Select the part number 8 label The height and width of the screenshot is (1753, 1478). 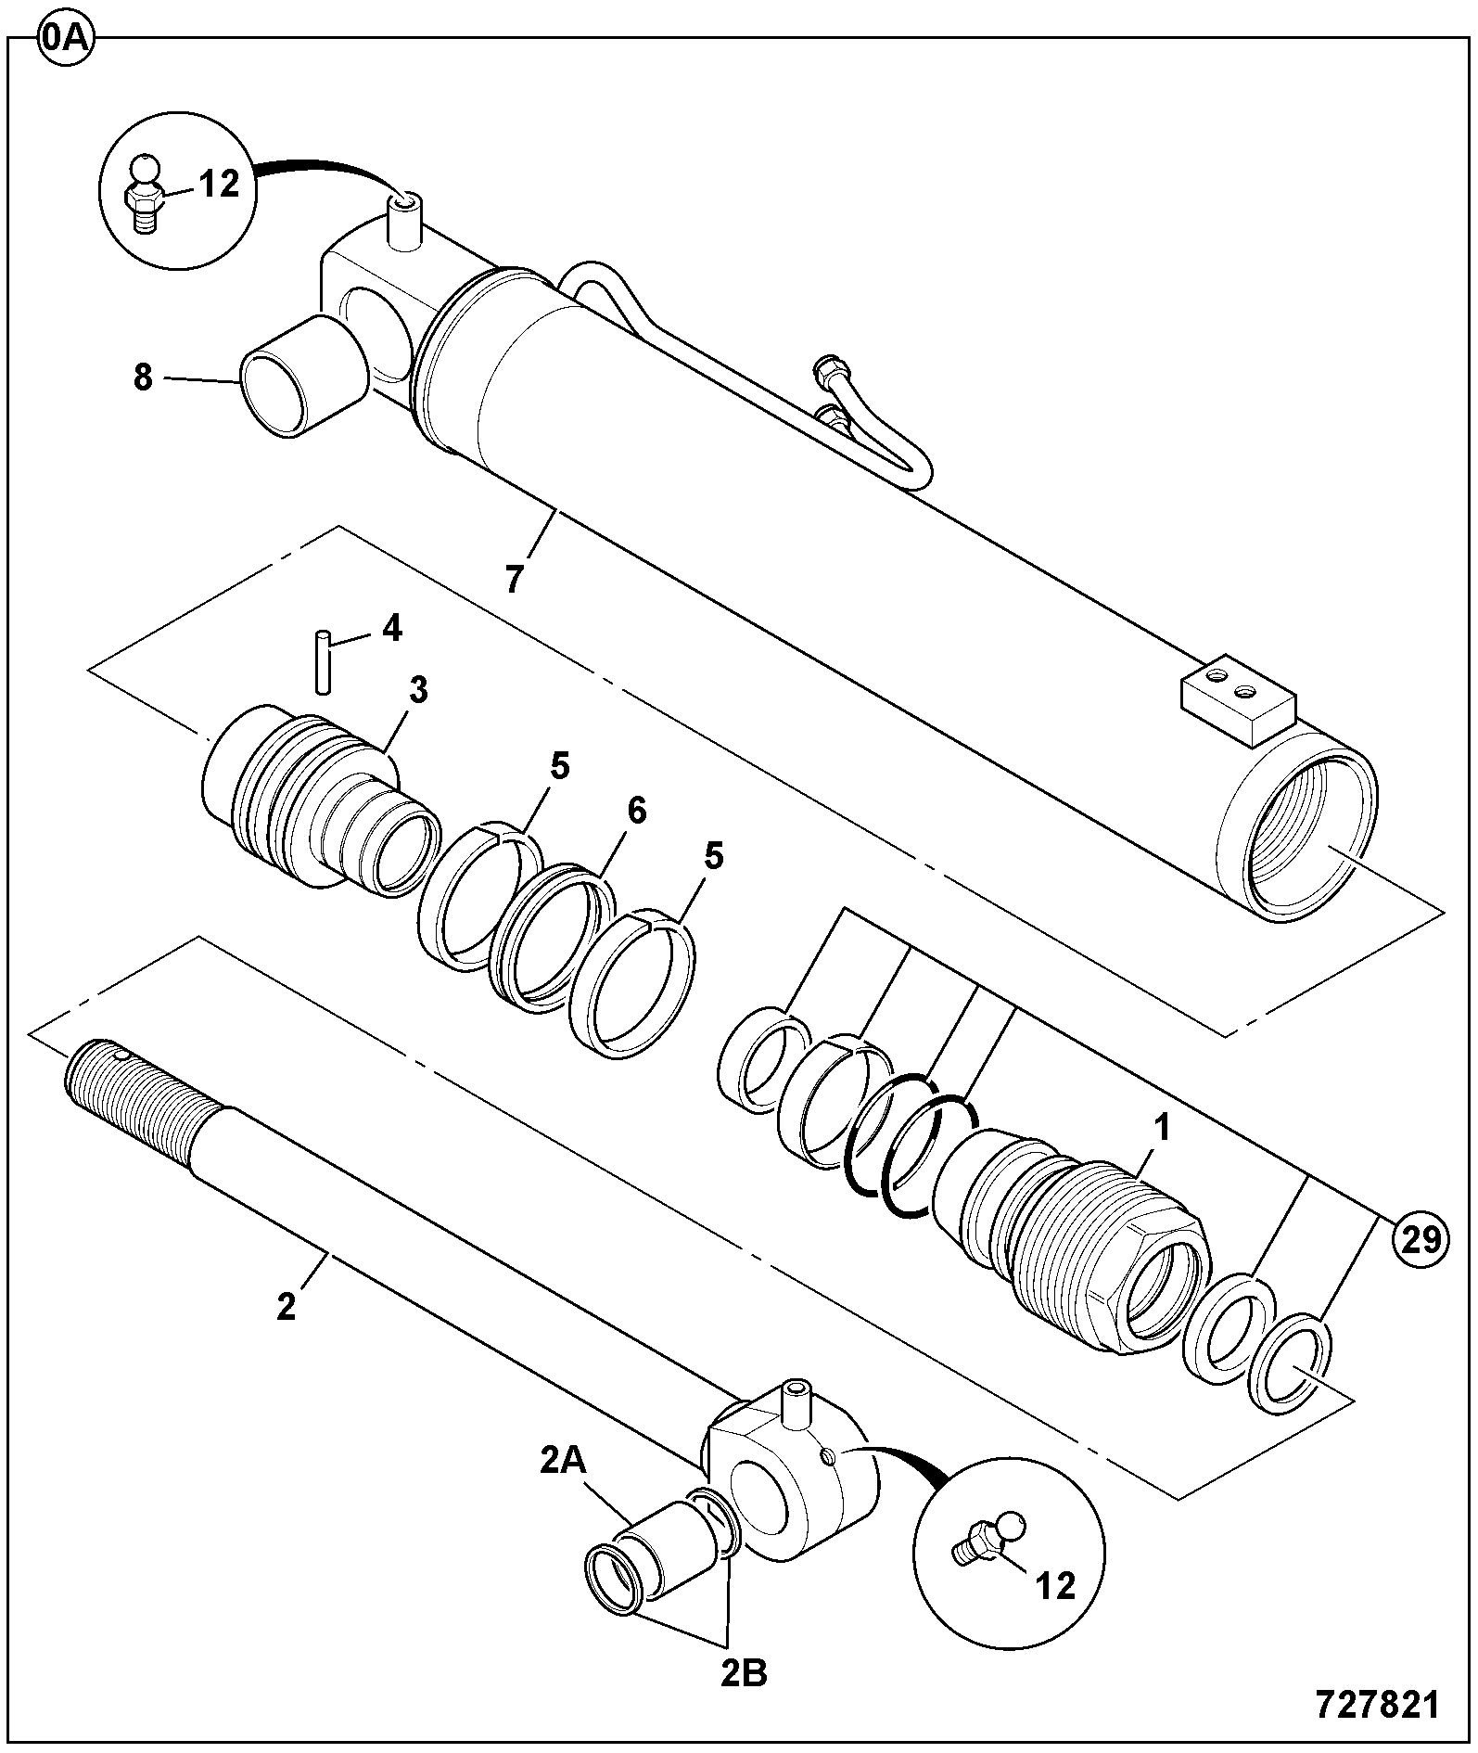coord(142,378)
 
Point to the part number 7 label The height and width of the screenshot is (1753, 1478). coord(515,578)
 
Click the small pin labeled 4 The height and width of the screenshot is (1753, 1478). coord(322,661)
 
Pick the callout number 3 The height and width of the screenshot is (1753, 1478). coord(418,689)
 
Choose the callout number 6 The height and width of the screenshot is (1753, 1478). coord(636,810)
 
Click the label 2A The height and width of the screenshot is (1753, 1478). coord(563,1462)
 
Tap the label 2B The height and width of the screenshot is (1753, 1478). coord(745,1675)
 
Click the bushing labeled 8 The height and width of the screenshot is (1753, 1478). coord(302,375)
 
